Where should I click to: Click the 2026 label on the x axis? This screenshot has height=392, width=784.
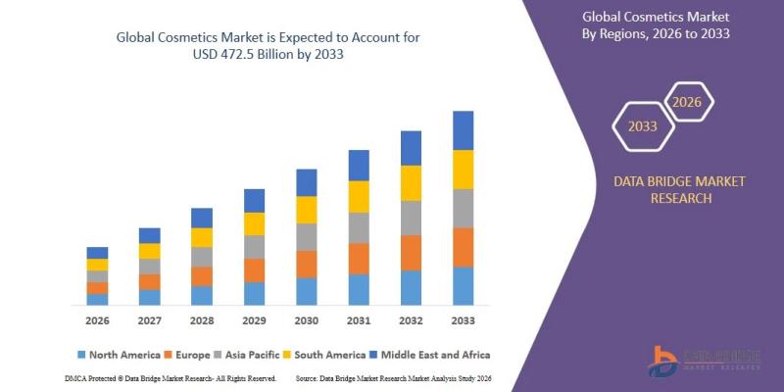point(97,320)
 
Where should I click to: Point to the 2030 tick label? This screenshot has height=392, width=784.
point(306,320)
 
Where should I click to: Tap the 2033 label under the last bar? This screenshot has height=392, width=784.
point(463,320)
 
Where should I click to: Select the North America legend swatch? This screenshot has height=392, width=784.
point(81,354)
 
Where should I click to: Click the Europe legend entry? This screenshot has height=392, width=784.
point(185,354)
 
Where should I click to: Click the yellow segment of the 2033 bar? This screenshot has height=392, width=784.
point(463,169)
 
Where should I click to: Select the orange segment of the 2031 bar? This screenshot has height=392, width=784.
point(359,259)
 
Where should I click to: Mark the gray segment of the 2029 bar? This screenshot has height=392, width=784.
point(254,247)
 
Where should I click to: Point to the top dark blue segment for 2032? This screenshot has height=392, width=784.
point(411,148)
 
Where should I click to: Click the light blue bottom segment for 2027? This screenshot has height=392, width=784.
point(149,297)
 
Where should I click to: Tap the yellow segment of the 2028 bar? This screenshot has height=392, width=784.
point(202,237)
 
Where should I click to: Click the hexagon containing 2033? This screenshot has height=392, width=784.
point(642,126)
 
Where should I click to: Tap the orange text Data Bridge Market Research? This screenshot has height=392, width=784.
point(680,189)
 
